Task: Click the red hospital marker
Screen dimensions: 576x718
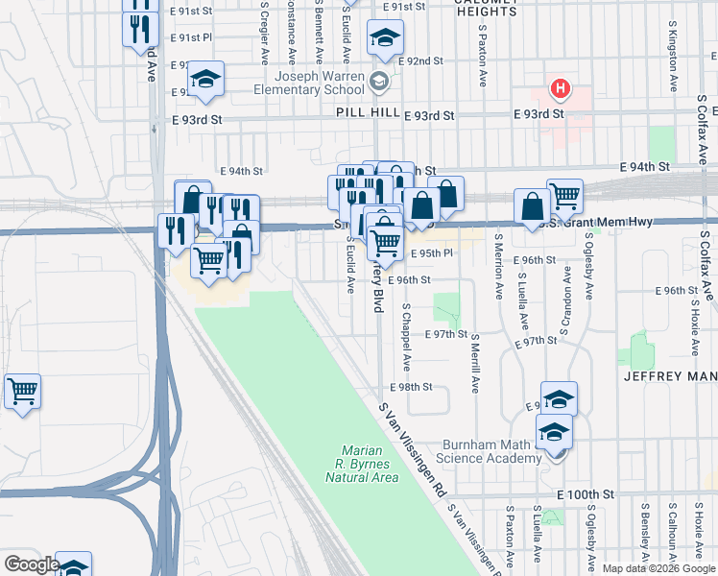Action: point(560,91)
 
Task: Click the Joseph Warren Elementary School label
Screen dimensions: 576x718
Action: point(308,84)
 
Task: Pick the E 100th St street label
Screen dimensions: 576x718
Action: point(585,494)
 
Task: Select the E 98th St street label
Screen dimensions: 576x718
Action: point(412,387)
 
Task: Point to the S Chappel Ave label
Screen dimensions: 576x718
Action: point(407,338)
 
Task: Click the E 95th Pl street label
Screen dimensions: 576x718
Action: point(430,252)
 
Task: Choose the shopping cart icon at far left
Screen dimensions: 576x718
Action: point(22,392)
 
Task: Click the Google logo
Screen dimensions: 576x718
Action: point(32,564)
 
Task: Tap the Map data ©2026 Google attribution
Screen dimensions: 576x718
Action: point(658,568)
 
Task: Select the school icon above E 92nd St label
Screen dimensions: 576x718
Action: point(385,38)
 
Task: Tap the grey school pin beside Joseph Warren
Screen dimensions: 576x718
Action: point(377,83)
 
